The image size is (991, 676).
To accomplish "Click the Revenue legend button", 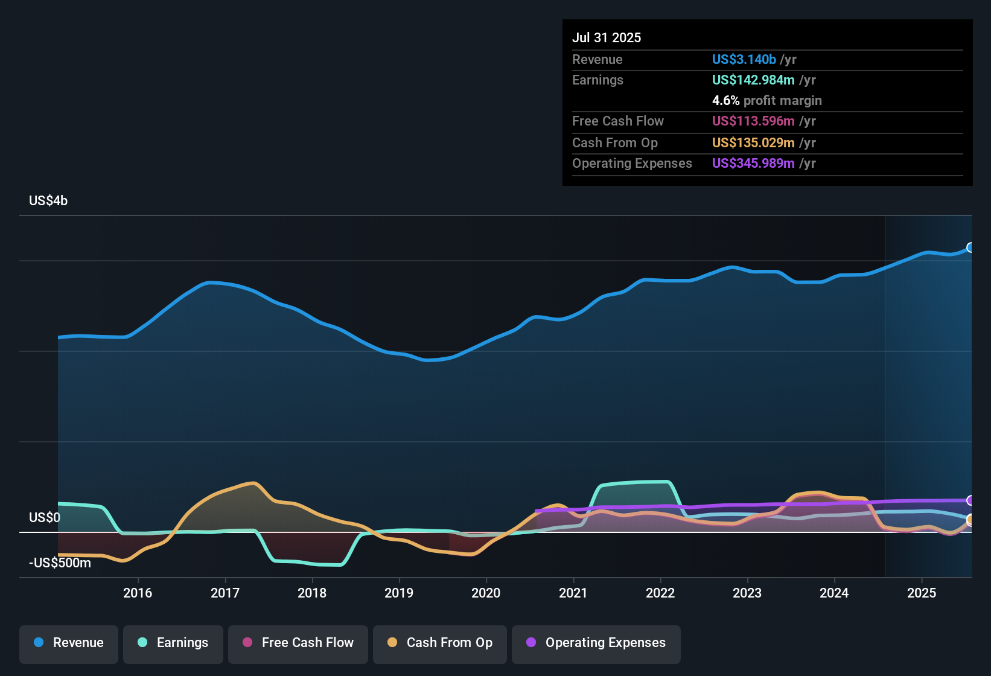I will (x=69, y=643).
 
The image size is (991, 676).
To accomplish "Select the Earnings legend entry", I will (x=173, y=643).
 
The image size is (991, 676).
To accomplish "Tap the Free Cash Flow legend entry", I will (x=298, y=643).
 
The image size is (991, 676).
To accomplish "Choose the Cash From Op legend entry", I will (x=440, y=643).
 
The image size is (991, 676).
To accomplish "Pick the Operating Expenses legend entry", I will (x=596, y=643).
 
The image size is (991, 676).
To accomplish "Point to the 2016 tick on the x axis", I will (x=138, y=593).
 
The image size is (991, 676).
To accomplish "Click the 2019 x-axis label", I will (x=399, y=593).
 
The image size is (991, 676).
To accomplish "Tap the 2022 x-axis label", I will (x=660, y=593).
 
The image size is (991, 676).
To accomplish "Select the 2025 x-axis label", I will (x=922, y=593).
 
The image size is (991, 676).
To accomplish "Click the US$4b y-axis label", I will (x=48, y=201).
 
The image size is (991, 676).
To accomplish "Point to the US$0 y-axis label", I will (x=45, y=518).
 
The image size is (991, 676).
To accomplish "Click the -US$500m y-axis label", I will (x=60, y=563).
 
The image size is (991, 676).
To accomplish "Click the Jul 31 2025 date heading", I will (x=607, y=37).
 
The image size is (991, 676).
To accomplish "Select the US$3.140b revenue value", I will (x=744, y=59).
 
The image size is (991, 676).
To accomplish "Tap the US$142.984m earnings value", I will (x=753, y=80).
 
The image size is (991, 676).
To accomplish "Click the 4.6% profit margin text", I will (x=766, y=100).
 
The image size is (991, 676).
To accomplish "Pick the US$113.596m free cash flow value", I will (x=753, y=121).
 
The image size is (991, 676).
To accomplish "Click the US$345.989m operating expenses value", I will (x=753, y=163).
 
